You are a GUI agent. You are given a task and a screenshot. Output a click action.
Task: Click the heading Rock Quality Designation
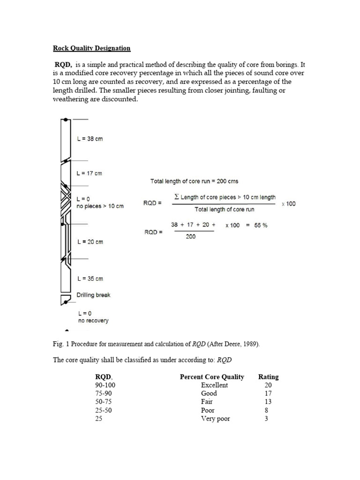click(91, 48)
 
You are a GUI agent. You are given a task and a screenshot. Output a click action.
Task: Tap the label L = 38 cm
click(90, 139)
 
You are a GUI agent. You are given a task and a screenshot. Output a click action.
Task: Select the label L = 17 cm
click(89, 173)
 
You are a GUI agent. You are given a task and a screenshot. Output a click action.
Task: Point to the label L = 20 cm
click(90, 242)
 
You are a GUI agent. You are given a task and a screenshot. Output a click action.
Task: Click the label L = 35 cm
click(90, 278)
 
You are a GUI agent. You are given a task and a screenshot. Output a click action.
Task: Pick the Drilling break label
click(93, 295)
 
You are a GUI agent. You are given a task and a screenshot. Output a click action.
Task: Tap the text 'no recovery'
click(93, 321)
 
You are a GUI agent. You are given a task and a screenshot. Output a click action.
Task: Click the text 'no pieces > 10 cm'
click(100, 206)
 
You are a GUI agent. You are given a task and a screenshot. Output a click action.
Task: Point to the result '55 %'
click(260, 225)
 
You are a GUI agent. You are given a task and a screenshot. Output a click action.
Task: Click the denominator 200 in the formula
click(191, 237)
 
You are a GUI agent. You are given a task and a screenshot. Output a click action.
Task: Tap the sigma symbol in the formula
click(176, 197)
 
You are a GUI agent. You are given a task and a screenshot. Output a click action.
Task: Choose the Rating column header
click(268, 376)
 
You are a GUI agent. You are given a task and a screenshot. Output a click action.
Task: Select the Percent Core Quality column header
click(212, 376)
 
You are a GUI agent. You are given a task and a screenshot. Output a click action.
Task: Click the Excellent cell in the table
click(214, 385)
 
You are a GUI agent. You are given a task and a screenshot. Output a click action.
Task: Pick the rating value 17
click(268, 393)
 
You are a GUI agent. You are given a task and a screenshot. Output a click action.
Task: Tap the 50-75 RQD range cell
click(103, 402)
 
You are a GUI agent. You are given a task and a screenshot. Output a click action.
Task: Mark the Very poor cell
click(215, 419)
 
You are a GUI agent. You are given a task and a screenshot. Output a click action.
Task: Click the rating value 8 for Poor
click(266, 410)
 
